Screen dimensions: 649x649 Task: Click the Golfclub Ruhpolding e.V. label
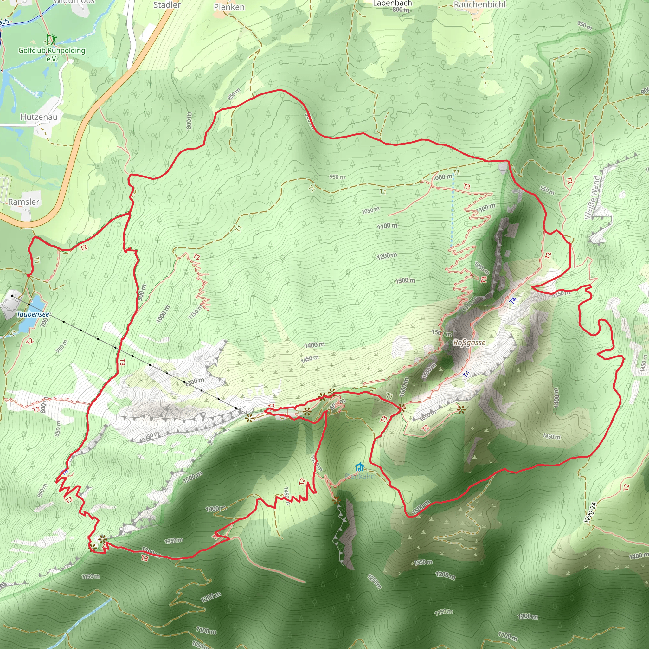52,54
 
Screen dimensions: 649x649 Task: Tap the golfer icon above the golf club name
52,39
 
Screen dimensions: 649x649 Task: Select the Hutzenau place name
39,117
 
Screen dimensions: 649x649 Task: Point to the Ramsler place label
23,202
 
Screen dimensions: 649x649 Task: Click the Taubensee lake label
33,314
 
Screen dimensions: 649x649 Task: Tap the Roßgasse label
469,343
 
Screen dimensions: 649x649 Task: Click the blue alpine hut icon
359,467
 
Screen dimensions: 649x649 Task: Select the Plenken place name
229,7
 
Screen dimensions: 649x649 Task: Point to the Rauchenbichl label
479,5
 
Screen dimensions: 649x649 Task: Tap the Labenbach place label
392,3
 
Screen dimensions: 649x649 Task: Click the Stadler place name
167,5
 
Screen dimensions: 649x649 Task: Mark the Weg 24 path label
590,512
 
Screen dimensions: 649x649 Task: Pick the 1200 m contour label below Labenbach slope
387,256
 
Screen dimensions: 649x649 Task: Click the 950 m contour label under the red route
337,177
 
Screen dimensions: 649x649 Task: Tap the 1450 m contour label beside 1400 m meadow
309,358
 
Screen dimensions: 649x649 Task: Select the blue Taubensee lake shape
32,314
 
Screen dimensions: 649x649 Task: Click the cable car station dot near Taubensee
12,296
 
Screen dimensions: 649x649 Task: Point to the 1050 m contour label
370,210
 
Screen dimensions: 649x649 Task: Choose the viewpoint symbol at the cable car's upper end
248,418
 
